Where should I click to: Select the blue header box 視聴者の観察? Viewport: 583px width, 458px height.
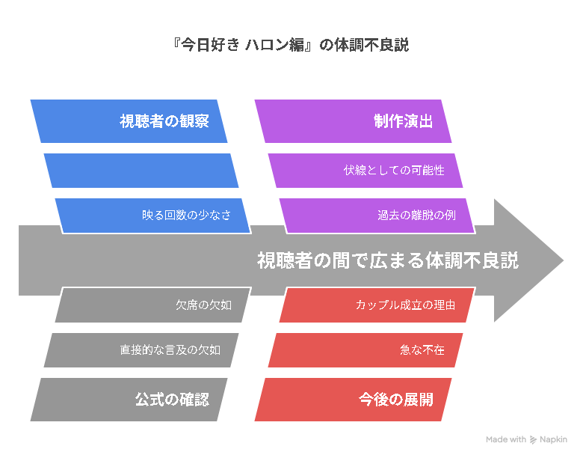[x=129, y=121]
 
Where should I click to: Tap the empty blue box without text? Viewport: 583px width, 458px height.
[x=141, y=171]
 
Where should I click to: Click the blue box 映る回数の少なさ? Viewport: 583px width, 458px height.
[x=153, y=216]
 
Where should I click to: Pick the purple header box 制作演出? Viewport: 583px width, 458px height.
[x=353, y=121]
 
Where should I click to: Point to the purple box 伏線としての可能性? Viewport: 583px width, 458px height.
[x=365, y=171]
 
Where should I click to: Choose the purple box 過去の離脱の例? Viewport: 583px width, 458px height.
[x=377, y=216]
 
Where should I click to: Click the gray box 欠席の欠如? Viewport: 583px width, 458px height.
[x=153, y=305]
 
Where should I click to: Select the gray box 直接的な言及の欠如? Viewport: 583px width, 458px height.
[x=141, y=350]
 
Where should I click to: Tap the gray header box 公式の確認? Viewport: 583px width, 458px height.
[x=129, y=400]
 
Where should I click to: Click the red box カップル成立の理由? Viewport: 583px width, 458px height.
[x=377, y=305]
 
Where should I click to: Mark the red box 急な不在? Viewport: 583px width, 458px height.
[x=365, y=350]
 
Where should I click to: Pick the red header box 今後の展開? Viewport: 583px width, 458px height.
[x=353, y=400]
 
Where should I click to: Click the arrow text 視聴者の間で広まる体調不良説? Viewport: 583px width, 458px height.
[x=388, y=260]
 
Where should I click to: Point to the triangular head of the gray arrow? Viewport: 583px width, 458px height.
[x=528, y=260]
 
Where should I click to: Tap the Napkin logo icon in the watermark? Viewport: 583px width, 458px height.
[x=533, y=440]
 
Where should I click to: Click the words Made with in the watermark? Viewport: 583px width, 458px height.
[x=506, y=439]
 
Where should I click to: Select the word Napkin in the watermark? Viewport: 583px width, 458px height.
[x=553, y=440]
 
